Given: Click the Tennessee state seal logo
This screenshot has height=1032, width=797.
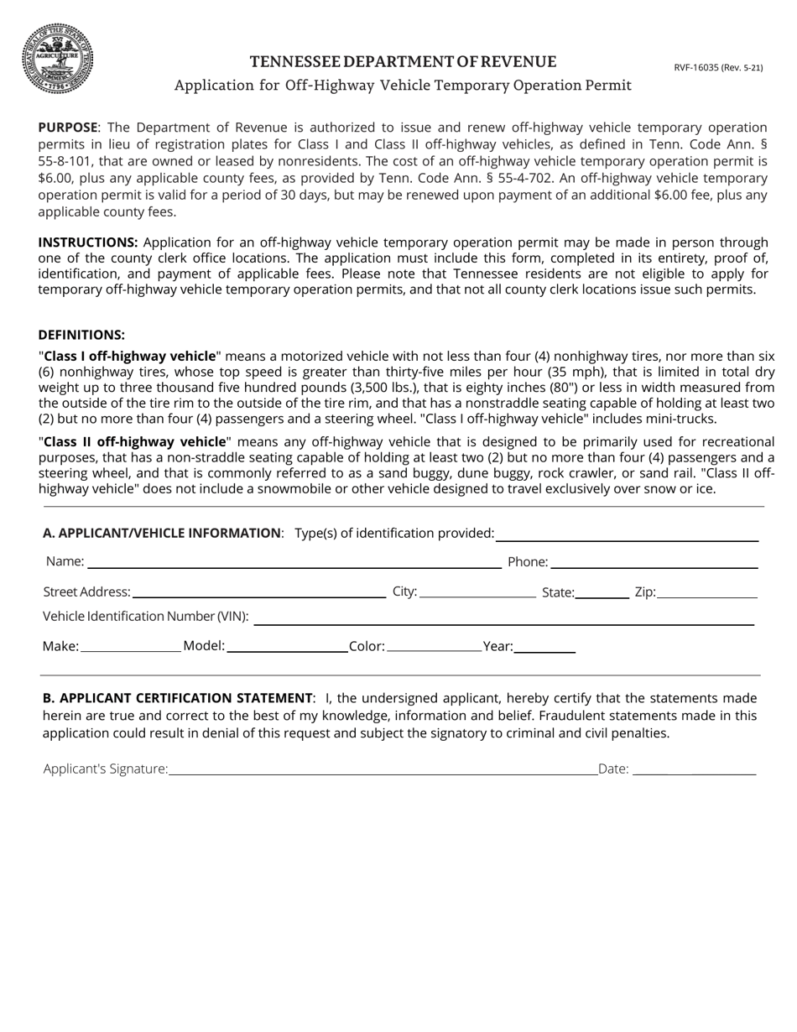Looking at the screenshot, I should (x=57, y=58).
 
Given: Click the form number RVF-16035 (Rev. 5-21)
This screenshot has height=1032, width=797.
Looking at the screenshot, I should (x=718, y=67).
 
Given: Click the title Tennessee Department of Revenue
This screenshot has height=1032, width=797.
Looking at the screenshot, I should (x=403, y=61).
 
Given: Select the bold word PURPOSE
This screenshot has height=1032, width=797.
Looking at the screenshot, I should (x=68, y=128).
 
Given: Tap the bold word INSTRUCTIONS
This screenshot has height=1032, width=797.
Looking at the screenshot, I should (x=88, y=242).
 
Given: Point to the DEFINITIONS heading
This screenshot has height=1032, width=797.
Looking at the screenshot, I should (x=81, y=334).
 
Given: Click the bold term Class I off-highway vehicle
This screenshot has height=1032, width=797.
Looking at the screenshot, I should (x=129, y=356).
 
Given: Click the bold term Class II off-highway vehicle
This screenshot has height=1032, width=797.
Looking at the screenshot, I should (x=132, y=441).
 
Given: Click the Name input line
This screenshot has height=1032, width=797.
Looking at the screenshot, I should (x=294, y=561).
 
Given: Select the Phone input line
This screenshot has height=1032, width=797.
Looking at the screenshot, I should (x=654, y=561).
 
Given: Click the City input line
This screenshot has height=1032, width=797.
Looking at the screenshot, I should (x=477, y=592).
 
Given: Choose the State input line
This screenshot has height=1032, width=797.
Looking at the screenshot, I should (x=602, y=592).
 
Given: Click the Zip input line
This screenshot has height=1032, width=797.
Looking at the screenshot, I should (x=707, y=592).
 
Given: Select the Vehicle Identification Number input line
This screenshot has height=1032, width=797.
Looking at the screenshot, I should (x=503, y=617).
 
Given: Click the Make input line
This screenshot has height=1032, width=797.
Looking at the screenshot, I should (x=130, y=646).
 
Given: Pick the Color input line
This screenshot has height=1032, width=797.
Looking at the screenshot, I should (x=435, y=646).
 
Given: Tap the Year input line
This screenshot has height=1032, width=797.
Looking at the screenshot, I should (x=544, y=646).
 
